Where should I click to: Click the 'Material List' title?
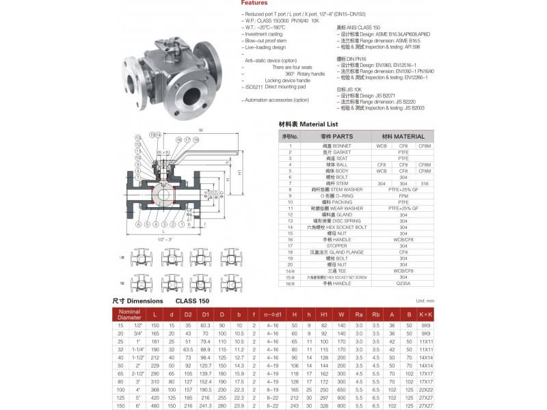coord(308,125)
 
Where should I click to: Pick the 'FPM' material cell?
coord(403,195)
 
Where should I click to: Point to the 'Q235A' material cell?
coord(403,283)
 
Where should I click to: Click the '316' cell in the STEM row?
coord(425,183)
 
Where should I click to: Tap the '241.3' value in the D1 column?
coord(204,405)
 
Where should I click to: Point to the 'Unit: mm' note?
coord(425,301)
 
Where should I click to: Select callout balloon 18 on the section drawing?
coord(196,139)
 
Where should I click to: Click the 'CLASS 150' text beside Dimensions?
coord(192,301)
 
